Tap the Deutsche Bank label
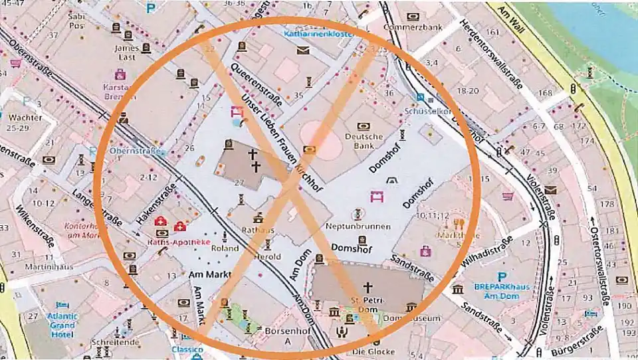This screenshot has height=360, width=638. pyautogui.click(x=364, y=141)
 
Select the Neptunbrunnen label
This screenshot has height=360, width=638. pyautogui.click(x=358, y=226)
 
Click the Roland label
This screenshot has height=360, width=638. pyautogui.click(x=225, y=249)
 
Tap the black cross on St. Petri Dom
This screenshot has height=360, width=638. pyautogui.click(x=367, y=287)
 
